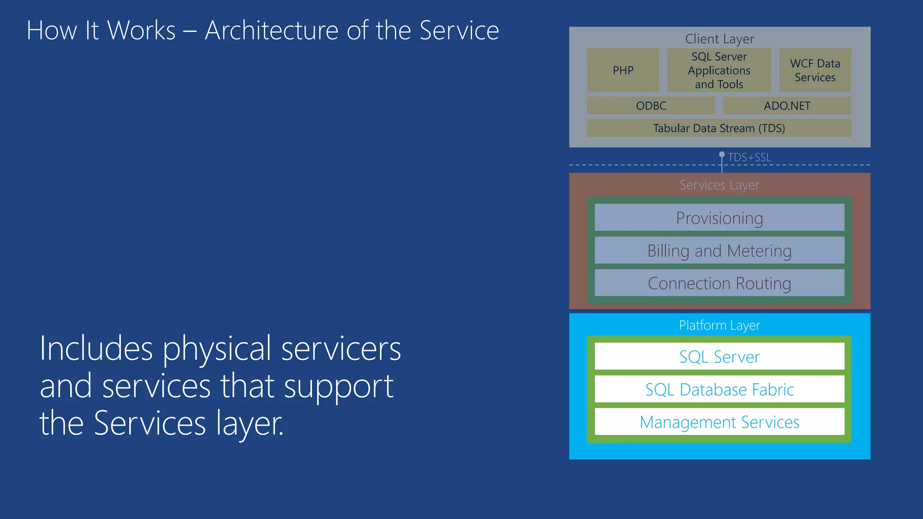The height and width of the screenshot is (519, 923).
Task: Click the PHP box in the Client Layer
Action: click(623, 70)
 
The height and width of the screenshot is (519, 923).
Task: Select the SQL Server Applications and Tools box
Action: click(719, 70)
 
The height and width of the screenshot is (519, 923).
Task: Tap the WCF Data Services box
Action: click(815, 70)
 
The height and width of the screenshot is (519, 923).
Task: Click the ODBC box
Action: click(651, 105)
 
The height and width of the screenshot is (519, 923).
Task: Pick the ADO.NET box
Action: click(787, 105)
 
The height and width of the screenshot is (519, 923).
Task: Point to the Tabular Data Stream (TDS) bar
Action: click(719, 128)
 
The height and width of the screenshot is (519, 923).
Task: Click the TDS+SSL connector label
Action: click(749, 157)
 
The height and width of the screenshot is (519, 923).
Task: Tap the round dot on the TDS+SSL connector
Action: click(722, 155)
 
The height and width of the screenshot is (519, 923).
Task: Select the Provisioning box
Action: click(719, 218)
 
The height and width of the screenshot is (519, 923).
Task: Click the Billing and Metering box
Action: click(719, 250)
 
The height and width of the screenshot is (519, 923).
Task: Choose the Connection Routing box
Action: click(719, 283)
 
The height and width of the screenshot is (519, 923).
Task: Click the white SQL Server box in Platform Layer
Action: click(719, 356)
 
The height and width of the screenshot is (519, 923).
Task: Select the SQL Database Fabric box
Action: click(719, 389)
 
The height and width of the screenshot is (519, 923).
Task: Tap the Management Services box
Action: click(719, 422)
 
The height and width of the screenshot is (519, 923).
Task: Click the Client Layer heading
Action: click(719, 39)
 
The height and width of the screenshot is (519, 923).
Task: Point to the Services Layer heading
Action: click(719, 185)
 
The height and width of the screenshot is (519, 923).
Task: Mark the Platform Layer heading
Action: click(719, 325)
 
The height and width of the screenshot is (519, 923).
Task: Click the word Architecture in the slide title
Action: click(272, 31)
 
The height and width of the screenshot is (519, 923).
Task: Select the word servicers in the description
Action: click(341, 349)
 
